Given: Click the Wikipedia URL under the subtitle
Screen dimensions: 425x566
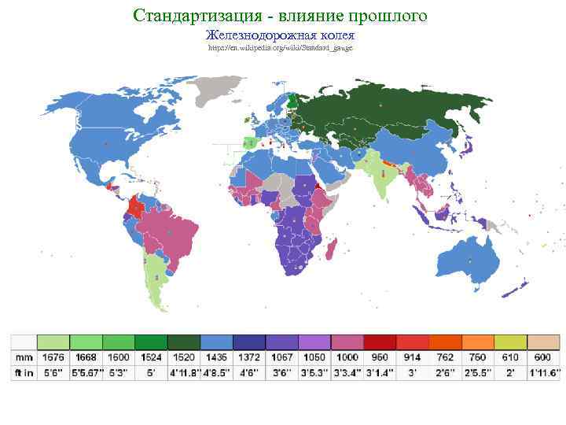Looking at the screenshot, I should [x=281, y=48].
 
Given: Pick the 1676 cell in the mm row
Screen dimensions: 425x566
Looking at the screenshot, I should [x=53, y=357].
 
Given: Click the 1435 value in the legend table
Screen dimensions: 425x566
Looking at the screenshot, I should [x=216, y=357].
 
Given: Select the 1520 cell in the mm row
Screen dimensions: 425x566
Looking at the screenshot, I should [x=183, y=357].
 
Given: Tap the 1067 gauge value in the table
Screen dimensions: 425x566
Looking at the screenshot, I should [x=281, y=357].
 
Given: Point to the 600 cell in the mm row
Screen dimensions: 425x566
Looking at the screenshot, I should [x=541, y=357].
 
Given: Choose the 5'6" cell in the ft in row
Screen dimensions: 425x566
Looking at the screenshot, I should [x=53, y=372].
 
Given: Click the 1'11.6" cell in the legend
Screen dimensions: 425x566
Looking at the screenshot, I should [x=541, y=372].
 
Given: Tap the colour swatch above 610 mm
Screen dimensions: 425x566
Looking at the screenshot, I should [x=509, y=342].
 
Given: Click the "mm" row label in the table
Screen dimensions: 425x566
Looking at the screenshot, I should [x=24, y=357].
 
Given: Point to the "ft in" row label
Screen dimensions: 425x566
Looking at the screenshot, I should [x=24, y=372].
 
